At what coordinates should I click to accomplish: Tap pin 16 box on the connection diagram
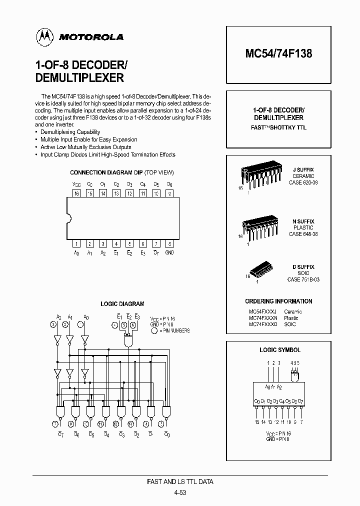pyautogui.click(x=76, y=192)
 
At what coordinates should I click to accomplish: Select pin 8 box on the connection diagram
pyautogui.click(x=169, y=244)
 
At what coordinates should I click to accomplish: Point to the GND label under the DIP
pyautogui.click(x=169, y=253)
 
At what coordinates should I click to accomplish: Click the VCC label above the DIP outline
pyautogui.click(x=76, y=184)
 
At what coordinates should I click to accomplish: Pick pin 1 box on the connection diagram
pyautogui.click(x=76, y=244)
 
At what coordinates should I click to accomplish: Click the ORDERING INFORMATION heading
pyautogui.click(x=278, y=301)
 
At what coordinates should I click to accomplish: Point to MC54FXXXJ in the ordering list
pyautogui.click(x=262, y=311)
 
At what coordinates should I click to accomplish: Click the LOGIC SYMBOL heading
pyautogui.click(x=280, y=350)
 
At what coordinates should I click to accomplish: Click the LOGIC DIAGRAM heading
pyautogui.click(x=122, y=303)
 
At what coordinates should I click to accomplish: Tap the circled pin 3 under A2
pyautogui.click(x=53, y=325)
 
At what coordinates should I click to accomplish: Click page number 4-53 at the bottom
pyautogui.click(x=180, y=492)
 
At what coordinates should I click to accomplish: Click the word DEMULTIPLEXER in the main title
pyautogui.click(x=79, y=78)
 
